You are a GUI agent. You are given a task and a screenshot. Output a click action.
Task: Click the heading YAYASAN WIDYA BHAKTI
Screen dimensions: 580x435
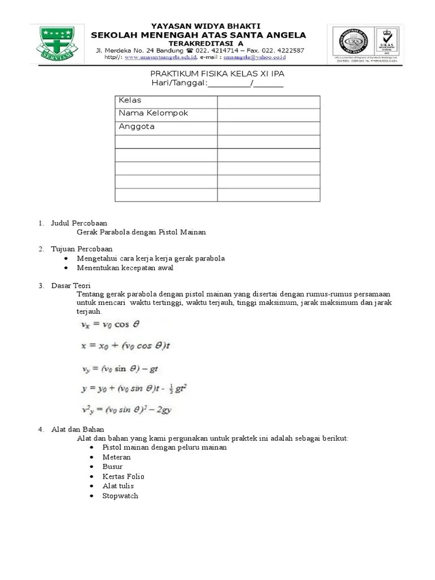coord(198,26)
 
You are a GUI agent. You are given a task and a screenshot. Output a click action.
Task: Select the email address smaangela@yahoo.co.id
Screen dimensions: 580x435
coord(254,58)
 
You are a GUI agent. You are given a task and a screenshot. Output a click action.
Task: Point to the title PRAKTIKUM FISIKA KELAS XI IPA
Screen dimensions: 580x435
coord(217,74)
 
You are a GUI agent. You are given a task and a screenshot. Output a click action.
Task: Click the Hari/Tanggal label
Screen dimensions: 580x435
coord(179,84)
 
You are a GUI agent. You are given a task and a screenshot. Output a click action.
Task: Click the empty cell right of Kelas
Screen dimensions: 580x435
coord(268,101)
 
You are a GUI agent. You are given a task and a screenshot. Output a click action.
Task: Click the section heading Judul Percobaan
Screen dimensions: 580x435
coord(79,223)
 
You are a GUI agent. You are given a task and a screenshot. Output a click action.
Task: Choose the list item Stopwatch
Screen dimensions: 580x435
coord(120,496)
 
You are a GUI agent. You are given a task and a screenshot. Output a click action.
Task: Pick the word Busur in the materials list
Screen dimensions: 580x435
coord(113,467)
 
